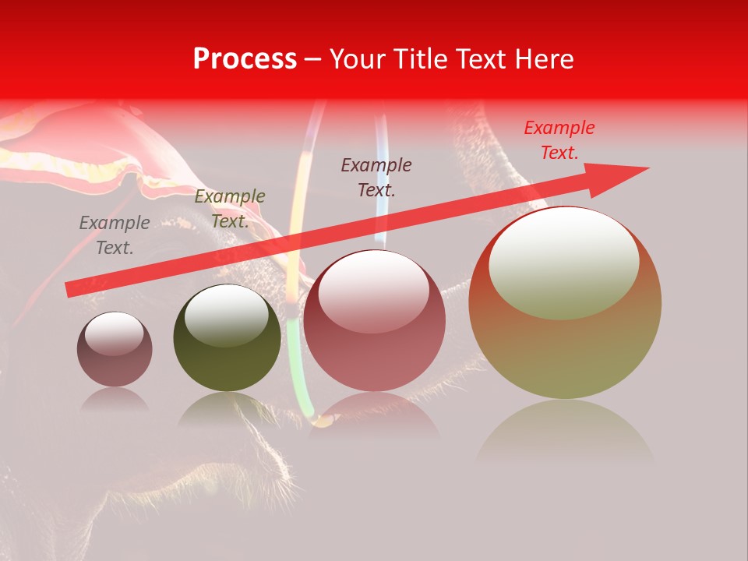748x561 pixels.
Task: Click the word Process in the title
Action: coord(245,59)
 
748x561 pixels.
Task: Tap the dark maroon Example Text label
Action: coord(376,177)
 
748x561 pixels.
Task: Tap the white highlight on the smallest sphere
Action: coord(114,333)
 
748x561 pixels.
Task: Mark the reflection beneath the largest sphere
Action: coord(565,432)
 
